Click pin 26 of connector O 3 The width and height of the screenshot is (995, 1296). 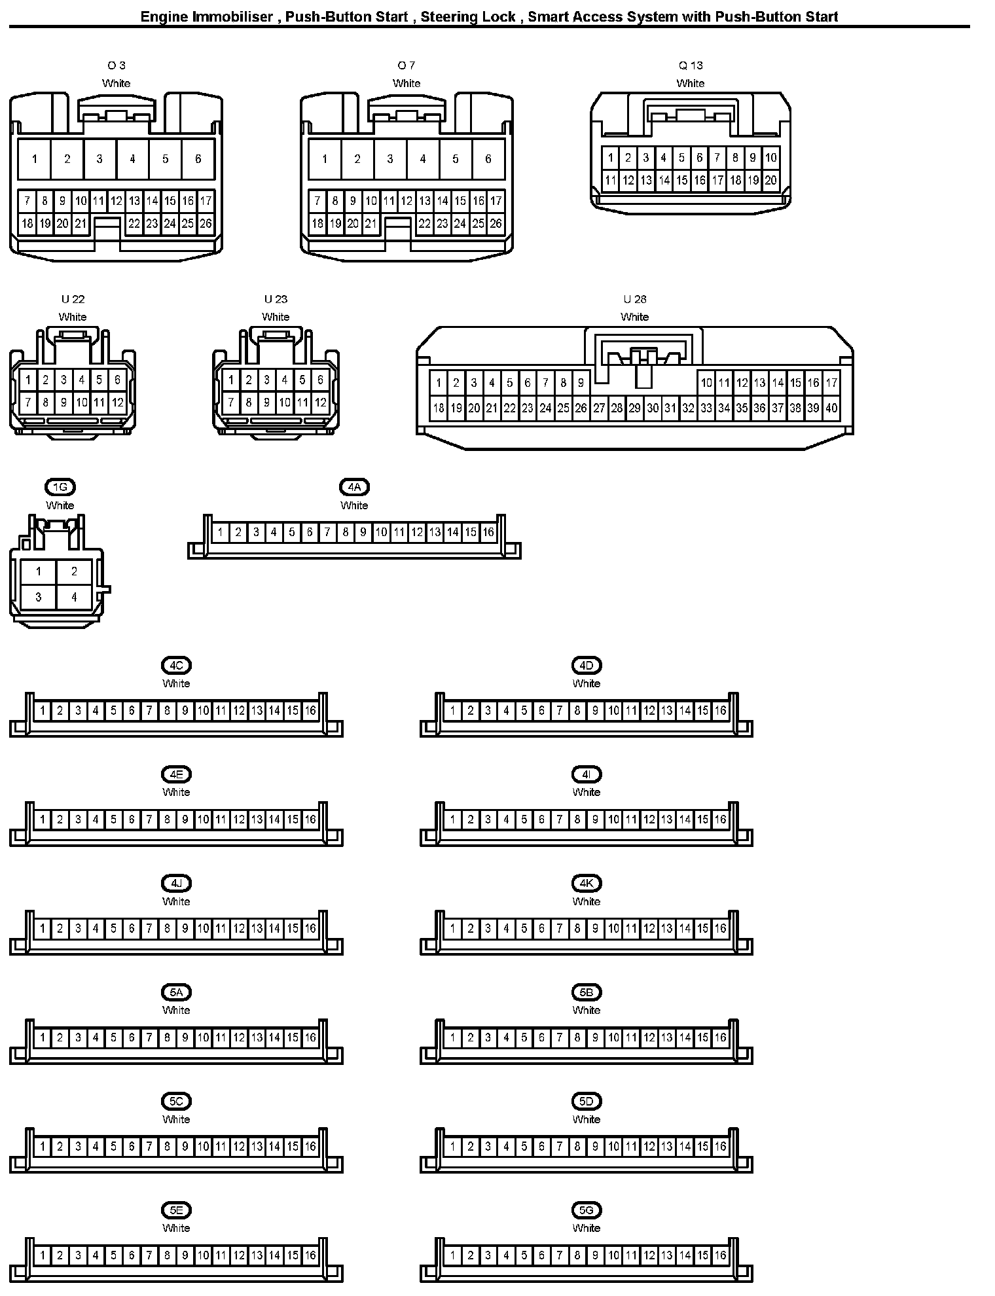[x=206, y=224]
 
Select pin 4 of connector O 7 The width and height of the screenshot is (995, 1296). [x=423, y=159]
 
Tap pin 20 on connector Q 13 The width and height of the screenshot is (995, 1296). [x=770, y=181]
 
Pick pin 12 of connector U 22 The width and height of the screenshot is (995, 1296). [x=117, y=403]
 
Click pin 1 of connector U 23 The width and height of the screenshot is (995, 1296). [x=231, y=380]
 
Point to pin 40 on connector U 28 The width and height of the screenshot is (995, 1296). [x=831, y=408]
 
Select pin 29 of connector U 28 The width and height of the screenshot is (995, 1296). [x=634, y=408]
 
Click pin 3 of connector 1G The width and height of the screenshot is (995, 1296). [x=39, y=597]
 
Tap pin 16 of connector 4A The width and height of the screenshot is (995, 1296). [x=488, y=532]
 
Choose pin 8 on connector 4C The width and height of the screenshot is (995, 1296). [x=168, y=710]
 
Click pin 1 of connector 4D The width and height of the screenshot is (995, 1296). [x=452, y=710]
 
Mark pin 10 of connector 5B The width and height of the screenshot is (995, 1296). [x=613, y=1037]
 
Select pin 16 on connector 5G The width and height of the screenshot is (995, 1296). [x=721, y=1255]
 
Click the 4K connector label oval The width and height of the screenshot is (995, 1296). [x=586, y=883]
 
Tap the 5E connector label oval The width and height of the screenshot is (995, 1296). [x=176, y=1210]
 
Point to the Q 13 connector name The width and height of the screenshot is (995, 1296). [x=691, y=65]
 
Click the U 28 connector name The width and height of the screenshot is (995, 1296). [x=634, y=299]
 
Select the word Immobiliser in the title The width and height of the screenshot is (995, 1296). [x=232, y=16]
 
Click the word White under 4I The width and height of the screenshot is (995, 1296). [x=586, y=792]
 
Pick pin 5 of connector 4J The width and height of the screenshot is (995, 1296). [x=114, y=928]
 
